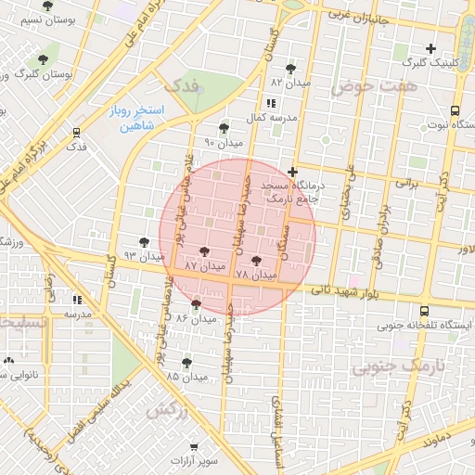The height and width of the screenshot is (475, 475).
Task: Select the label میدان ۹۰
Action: [x=223, y=143]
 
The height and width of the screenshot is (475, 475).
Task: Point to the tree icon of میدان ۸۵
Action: [x=186, y=363]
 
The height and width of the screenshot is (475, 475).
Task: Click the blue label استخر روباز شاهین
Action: [x=136, y=117]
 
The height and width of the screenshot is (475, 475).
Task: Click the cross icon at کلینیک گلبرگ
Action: [x=430, y=48]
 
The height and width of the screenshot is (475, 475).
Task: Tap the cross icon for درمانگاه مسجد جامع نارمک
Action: [x=293, y=172]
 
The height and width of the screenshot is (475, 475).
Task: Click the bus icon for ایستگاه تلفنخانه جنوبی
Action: [x=424, y=312]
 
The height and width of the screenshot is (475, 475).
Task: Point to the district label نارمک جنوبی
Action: [x=400, y=366]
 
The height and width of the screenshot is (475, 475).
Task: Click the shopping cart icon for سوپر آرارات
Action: [x=193, y=446]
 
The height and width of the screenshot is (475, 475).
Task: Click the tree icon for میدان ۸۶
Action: [x=196, y=303]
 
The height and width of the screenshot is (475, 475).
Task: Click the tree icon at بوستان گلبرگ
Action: [x=43, y=61]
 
